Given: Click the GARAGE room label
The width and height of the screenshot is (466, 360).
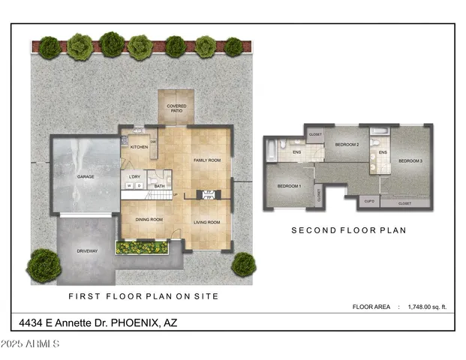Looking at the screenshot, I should coord(85,177).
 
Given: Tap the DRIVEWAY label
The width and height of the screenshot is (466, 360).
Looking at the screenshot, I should coord(88,250).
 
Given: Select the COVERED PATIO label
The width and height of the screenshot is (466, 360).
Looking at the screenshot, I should coord(176,109).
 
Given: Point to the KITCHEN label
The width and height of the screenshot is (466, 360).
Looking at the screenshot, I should coord(140,147).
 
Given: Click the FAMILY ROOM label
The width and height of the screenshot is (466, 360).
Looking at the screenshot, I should coord(206,160).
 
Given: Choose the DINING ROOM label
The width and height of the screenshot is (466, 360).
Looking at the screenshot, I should coord(149,220).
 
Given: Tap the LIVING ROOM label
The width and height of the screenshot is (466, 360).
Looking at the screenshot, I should coord(207,222).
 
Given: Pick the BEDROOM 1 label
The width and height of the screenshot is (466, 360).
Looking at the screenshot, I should coord(289,186).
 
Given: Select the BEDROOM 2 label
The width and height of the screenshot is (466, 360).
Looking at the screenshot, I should coord(347,144).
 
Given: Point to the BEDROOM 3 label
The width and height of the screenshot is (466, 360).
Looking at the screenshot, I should coord(410,161).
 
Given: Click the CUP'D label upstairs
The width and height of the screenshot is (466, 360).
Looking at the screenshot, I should coord(368,202).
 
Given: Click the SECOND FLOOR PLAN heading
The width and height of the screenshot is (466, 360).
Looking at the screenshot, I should coord(348,231).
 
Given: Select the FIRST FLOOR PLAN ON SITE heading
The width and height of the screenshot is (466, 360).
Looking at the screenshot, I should coord(143,296).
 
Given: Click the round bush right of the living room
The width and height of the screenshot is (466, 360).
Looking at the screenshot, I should coord(243,264).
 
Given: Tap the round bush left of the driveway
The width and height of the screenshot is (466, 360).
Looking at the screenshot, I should coord(44,264).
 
